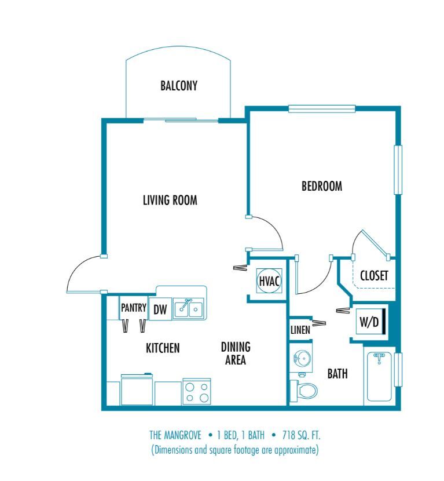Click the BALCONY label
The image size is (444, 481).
[179, 86]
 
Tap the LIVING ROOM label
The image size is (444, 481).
[170, 201]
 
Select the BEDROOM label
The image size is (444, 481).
[322, 187]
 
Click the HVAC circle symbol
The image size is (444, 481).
[269, 281]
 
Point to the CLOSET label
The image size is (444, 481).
[373, 276]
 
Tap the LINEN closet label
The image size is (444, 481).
[300, 330]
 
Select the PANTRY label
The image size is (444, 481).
[134, 308]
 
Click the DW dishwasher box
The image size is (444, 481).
[160, 310]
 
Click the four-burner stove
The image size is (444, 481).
[196, 391]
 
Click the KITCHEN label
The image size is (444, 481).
[162, 348]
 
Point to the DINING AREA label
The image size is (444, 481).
[236, 354]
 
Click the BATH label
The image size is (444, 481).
[337, 374]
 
